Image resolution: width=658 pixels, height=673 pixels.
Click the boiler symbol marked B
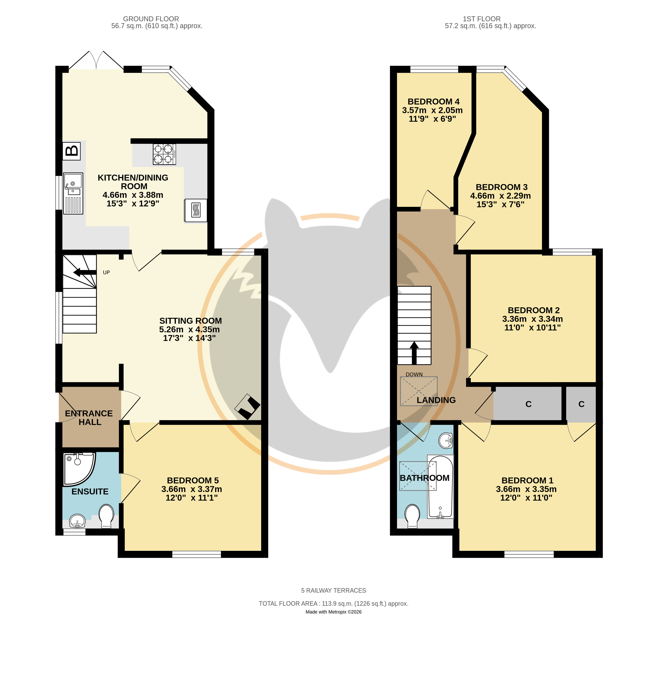click(72, 151)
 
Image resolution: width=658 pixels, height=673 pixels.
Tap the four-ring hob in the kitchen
click(164, 154)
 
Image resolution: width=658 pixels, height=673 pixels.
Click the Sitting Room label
click(190, 321)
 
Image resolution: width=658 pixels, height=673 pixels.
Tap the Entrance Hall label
click(89, 418)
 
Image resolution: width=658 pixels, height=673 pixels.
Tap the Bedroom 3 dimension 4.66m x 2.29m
click(500, 196)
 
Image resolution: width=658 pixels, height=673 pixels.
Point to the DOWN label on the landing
click(414, 375)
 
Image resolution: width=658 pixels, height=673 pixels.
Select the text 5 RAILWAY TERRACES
click(333, 590)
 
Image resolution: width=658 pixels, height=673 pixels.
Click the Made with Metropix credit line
click(333, 612)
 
